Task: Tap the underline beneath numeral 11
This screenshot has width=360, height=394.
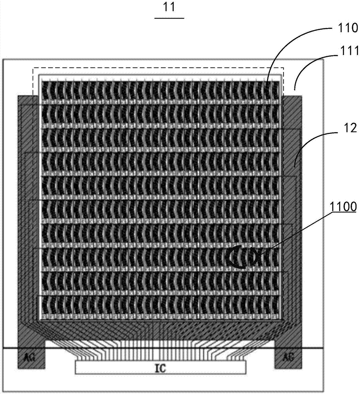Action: point(169,18)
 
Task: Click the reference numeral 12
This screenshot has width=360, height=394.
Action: point(348,128)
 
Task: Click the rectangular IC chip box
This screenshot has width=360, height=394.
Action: point(161,368)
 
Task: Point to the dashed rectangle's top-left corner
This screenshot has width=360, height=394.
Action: point(33,68)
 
